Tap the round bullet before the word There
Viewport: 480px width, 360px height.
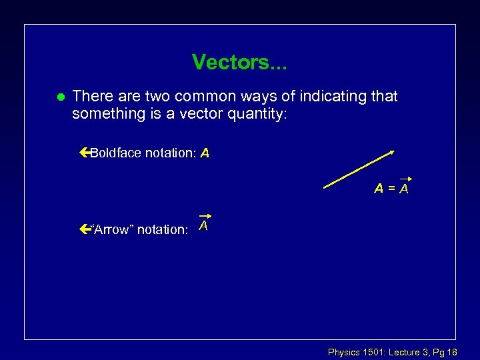(59, 97)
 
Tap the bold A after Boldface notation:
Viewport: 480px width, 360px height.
(205, 153)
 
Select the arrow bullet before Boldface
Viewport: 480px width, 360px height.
(83, 153)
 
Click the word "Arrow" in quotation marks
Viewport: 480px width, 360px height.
(113, 230)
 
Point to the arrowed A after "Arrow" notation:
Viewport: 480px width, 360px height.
(204, 225)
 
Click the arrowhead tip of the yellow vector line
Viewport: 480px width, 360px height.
(393, 151)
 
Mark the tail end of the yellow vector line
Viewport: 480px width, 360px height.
(325, 189)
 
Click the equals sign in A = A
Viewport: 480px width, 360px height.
(391, 189)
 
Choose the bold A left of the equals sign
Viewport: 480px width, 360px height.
(379, 189)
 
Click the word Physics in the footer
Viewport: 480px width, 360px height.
(344, 351)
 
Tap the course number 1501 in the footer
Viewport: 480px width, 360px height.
(373, 351)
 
